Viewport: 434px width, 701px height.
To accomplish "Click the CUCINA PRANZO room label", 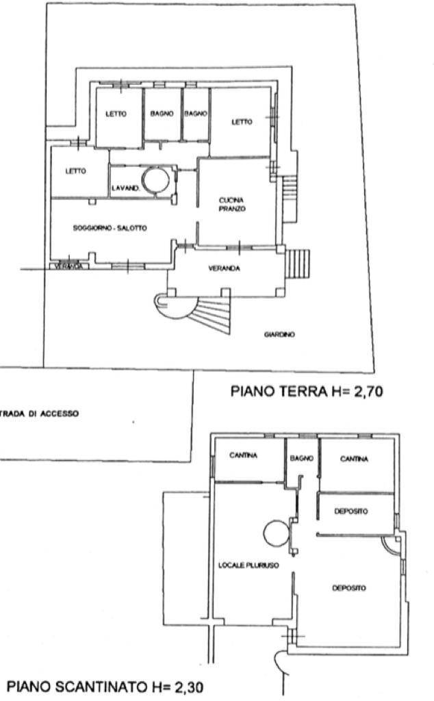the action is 232,205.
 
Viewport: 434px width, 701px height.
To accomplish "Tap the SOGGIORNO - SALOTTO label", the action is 110,228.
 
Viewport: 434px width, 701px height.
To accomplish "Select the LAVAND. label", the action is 125,189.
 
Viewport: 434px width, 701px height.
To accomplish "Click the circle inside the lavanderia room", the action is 155,180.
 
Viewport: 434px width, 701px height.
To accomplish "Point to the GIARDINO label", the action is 279,334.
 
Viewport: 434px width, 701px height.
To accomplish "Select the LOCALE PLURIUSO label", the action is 248,565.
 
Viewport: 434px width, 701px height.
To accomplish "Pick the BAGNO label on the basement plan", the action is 302,458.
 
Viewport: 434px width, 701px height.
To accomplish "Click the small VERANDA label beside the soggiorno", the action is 69,266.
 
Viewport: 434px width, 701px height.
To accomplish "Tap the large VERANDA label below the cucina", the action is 225,268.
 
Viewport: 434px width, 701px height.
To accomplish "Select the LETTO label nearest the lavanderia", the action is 75,170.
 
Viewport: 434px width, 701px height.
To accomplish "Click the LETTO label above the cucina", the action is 242,122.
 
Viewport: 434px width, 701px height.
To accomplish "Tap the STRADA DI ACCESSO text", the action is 38,413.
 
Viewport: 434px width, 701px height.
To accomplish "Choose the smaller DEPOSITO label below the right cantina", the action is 351,511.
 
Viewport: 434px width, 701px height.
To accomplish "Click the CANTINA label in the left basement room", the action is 243,455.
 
